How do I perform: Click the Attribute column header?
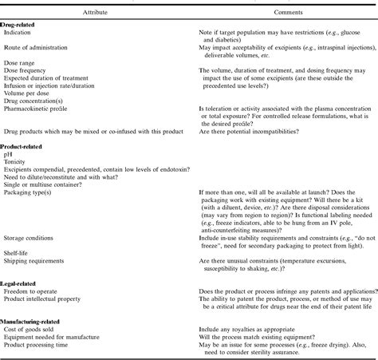coord(91,13)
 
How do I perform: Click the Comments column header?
coord(275,13)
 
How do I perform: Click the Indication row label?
coord(18,32)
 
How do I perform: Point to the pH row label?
coord(9,156)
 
